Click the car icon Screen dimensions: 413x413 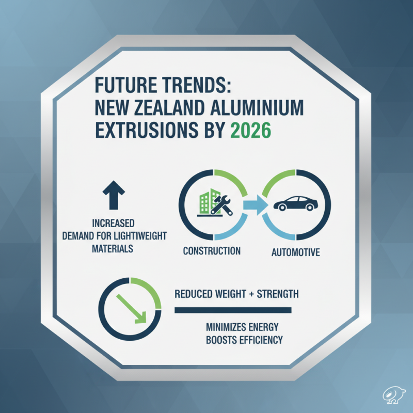(x=296, y=203)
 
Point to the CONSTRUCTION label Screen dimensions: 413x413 (x=212, y=251)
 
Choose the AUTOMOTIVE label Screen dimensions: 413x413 (x=296, y=252)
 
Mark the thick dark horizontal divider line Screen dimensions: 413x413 (x=233, y=310)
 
